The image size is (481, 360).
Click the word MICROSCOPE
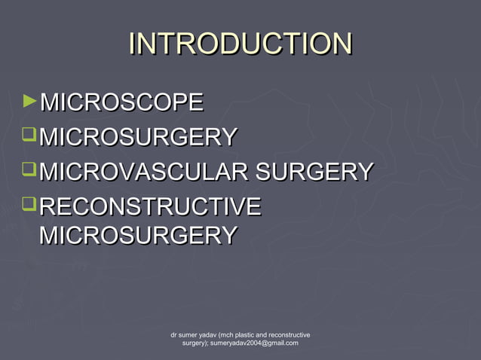121,102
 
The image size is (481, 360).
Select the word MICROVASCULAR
144,172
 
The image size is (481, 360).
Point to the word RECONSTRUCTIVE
149,206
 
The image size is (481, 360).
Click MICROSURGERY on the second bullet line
138,137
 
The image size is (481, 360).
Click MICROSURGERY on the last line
138,235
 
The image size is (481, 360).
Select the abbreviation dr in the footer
174,334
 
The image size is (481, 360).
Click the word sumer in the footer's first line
188,334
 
